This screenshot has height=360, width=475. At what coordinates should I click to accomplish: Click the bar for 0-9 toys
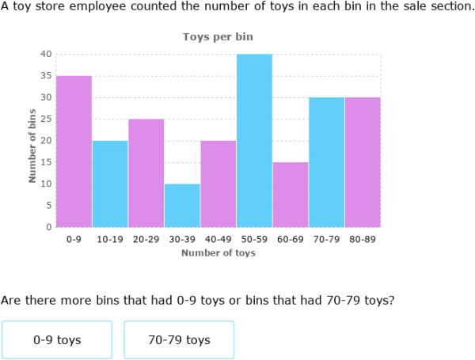point(74,151)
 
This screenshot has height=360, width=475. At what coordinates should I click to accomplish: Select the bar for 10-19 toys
point(110,184)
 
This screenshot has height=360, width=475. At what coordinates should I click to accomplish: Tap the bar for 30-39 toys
point(182,205)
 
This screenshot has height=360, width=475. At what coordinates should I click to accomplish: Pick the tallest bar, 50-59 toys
point(254,140)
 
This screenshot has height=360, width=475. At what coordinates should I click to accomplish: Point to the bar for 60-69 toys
point(290,195)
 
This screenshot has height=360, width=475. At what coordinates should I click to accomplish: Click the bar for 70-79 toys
point(326,162)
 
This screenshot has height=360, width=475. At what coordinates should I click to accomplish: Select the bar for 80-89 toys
point(362,162)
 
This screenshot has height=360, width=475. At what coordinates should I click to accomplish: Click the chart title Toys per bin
point(218,37)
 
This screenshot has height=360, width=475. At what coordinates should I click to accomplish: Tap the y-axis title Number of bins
point(32,146)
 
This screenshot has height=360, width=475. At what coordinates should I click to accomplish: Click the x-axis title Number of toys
point(218,253)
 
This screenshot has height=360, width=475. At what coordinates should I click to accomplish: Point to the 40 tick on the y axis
point(46,54)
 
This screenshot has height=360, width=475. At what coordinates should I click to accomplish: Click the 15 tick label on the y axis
point(46,162)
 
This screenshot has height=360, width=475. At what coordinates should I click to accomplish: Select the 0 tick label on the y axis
point(48,227)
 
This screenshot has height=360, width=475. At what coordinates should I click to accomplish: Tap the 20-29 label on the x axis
point(146,239)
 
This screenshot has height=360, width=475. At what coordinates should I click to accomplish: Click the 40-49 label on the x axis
point(218,239)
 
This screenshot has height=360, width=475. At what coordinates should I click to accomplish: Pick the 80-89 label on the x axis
point(362,239)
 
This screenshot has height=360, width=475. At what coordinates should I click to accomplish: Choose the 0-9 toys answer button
point(57,340)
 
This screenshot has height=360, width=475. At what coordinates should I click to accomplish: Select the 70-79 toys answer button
point(179,340)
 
